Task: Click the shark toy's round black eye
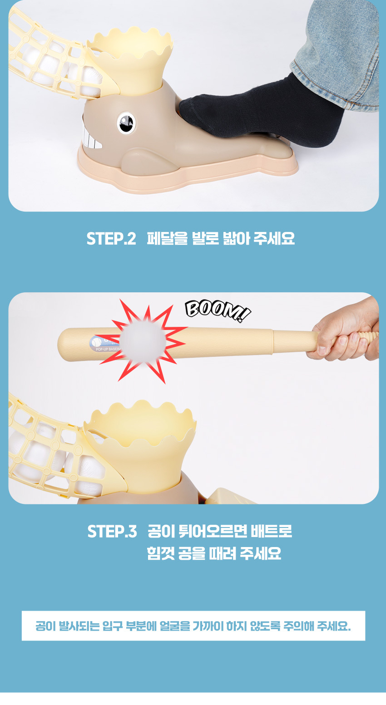[x=126, y=123]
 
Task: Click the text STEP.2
[x=111, y=239]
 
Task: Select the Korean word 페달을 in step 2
[x=167, y=238]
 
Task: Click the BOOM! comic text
[x=218, y=311]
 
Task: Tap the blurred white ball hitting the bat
[x=143, y=342]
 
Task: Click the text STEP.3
[x=112, y=532]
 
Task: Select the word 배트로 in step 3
[x=272, y=531]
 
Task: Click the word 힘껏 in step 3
[x=161, y=553]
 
